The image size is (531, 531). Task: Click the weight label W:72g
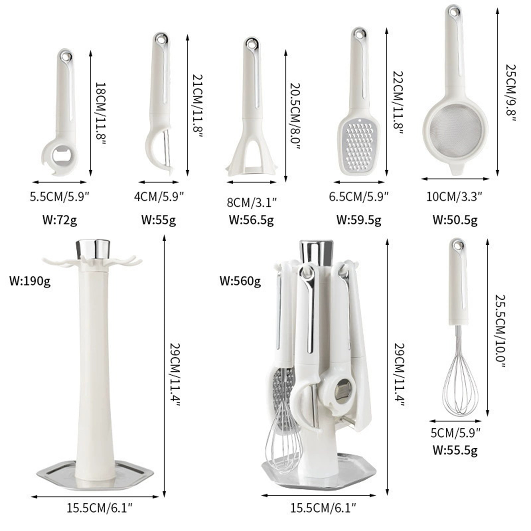tap(60, 220)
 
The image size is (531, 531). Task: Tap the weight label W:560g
tap(240, 281)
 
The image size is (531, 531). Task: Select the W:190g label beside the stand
tap(30, 281)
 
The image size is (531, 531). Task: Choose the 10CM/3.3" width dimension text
tap(454, 196)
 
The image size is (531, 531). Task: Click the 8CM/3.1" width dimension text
tap(252, 202)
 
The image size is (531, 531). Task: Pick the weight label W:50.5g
tap(455, 220)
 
